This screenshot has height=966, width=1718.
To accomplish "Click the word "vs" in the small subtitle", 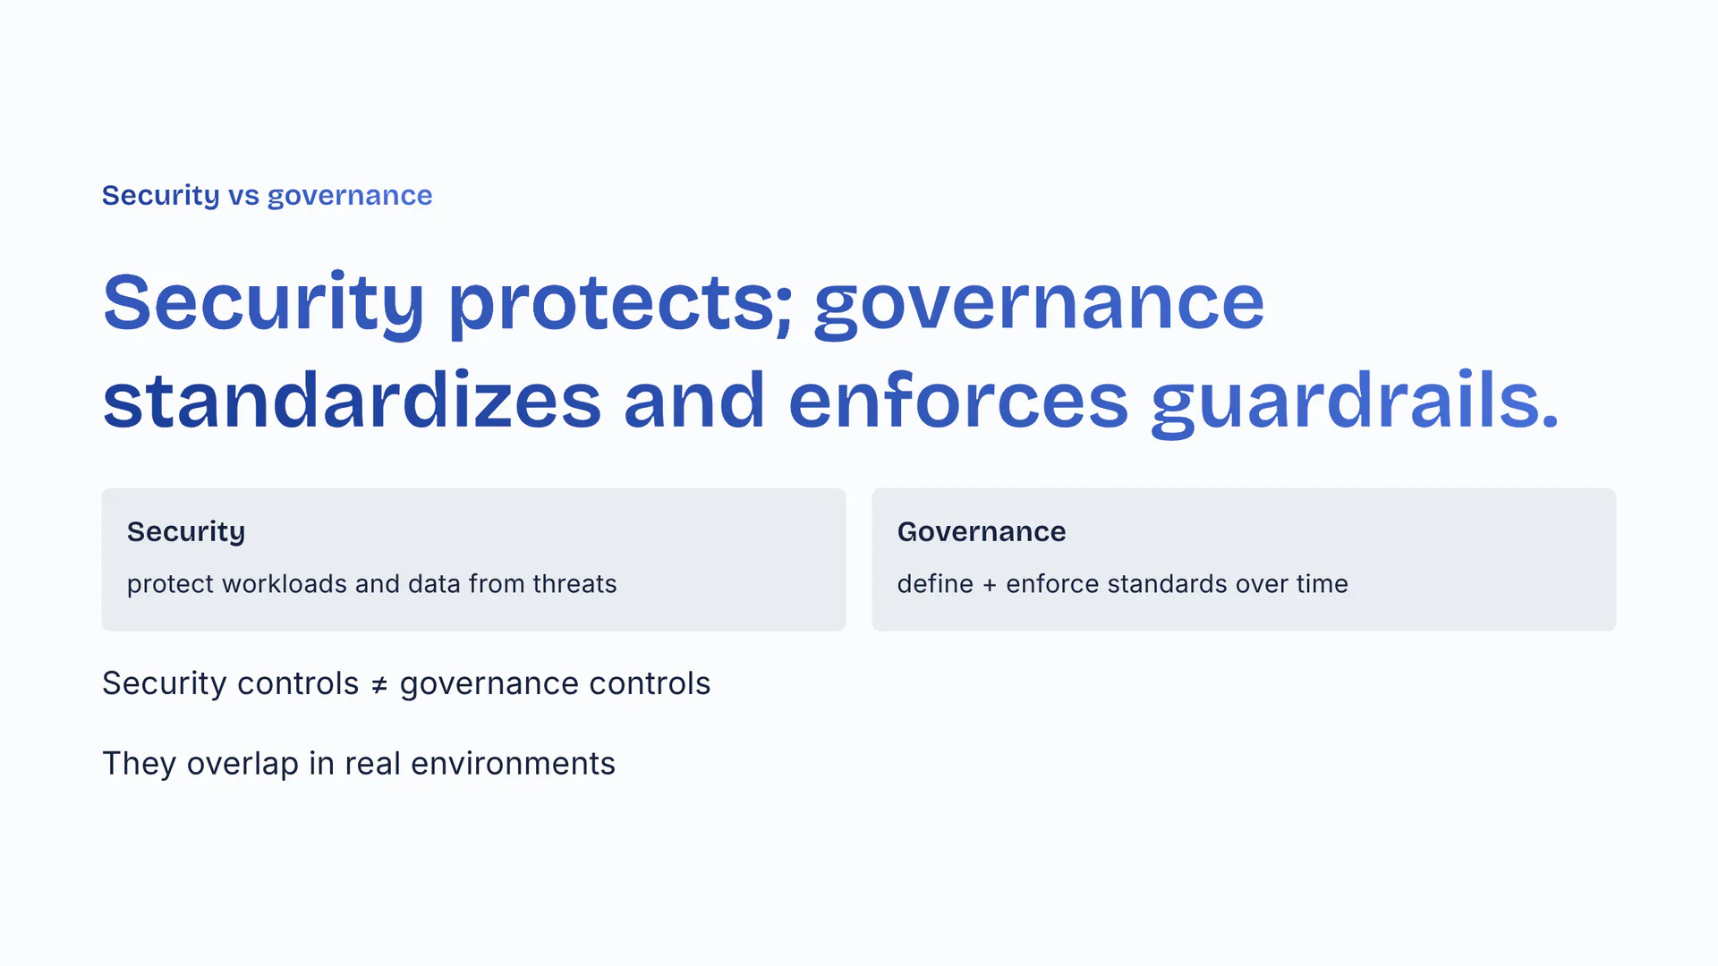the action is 243,196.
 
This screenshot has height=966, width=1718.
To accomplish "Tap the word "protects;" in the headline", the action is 621,304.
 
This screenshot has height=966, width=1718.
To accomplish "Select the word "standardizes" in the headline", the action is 353,400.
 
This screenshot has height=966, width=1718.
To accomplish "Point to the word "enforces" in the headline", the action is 958,400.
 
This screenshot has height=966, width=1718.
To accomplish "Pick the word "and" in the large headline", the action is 694,400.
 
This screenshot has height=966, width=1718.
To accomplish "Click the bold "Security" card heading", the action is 186,532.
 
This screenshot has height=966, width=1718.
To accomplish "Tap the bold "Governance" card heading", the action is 982,531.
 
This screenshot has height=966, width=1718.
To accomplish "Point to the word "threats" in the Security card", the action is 574,583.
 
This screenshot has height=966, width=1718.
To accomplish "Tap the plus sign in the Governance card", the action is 990,585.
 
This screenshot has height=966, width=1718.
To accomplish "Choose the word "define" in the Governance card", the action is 935,583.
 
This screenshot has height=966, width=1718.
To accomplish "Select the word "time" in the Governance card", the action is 1323,583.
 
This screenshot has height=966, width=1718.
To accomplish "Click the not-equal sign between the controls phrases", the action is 379,685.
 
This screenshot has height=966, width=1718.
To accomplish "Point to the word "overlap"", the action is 242,765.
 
